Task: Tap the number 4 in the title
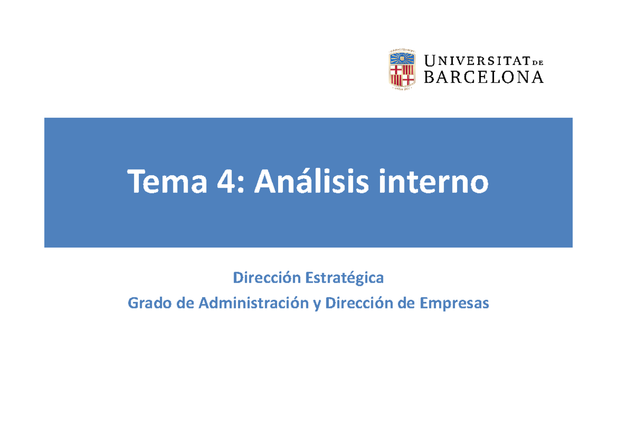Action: pos(223,183)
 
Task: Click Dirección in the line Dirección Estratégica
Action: pos(267,278)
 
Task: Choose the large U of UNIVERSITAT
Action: pos(430,61)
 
